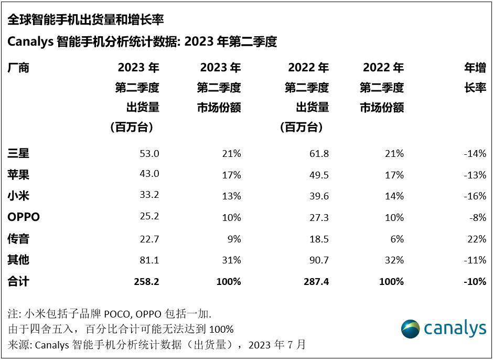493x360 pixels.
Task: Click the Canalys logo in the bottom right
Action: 443,329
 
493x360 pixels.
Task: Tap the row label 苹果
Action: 18,175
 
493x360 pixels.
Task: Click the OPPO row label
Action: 24,217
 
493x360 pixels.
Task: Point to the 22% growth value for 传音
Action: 476,239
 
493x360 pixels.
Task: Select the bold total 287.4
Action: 316,282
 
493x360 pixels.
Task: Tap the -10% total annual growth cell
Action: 474,282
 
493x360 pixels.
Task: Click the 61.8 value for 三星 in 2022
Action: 319,153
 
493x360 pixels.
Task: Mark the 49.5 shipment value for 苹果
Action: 319,175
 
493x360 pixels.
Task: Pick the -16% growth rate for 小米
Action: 474,196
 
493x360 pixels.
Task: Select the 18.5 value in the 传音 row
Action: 319,239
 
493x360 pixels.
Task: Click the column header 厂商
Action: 18,68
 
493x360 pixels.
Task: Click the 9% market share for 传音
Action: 234,239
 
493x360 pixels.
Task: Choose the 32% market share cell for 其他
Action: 394,260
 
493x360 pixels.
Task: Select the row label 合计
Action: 18,282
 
